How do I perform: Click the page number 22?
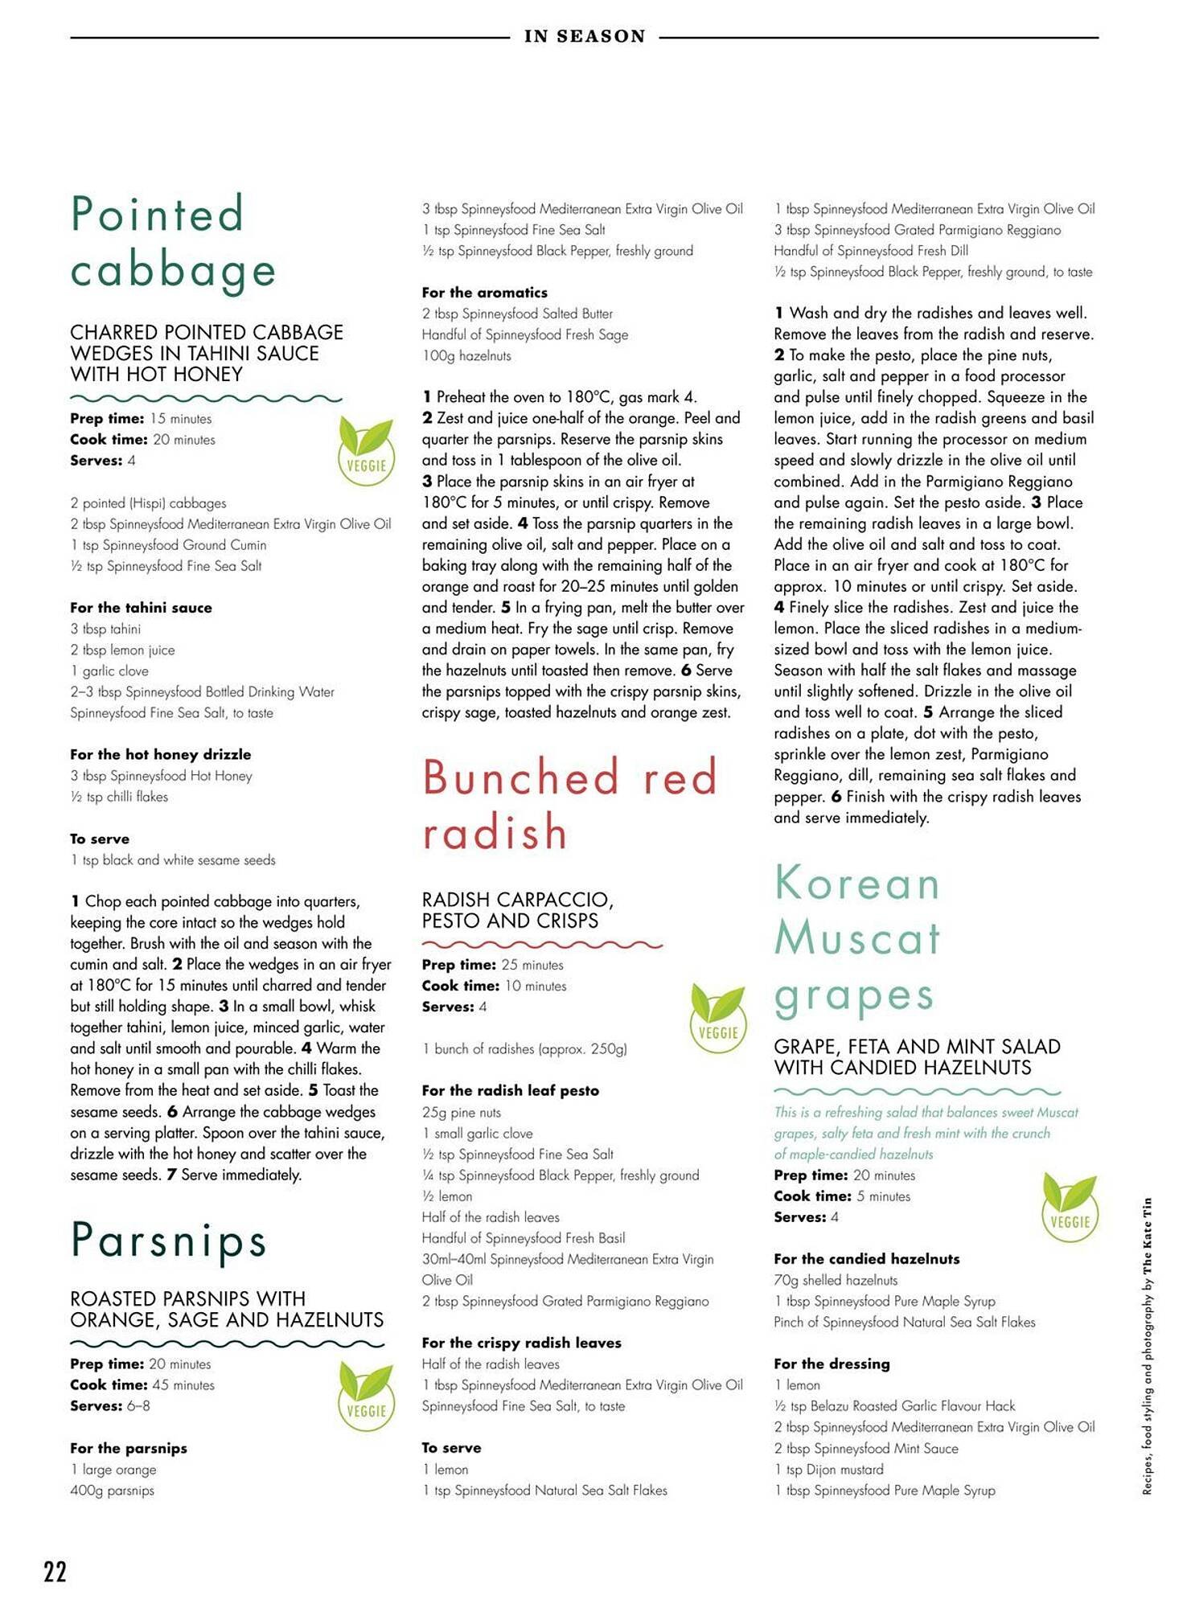coord(55,1571)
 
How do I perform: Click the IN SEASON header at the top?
coord(585,36)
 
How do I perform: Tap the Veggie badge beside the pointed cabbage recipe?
coord(366,452)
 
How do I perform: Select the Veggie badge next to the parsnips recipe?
coord(366,1397)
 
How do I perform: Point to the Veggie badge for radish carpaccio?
coord(718,1019)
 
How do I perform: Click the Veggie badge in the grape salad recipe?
coord(1070,1208)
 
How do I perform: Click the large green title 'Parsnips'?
coord(168,1240)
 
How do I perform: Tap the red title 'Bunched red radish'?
coord(569,803)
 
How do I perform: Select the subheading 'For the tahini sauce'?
coord(141,608)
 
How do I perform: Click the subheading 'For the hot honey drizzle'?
coord(160,754)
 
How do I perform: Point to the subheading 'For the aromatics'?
coord(484,293)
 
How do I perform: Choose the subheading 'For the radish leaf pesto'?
coord(510,1091)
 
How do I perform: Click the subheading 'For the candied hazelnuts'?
coord(866,1259)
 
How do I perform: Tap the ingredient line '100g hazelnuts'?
coord(466,355)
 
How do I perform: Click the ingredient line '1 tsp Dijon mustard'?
coord(828,1470)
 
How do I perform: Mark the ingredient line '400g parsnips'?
coord(112,1491)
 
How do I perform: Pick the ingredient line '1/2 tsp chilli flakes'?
coord(119,797)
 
